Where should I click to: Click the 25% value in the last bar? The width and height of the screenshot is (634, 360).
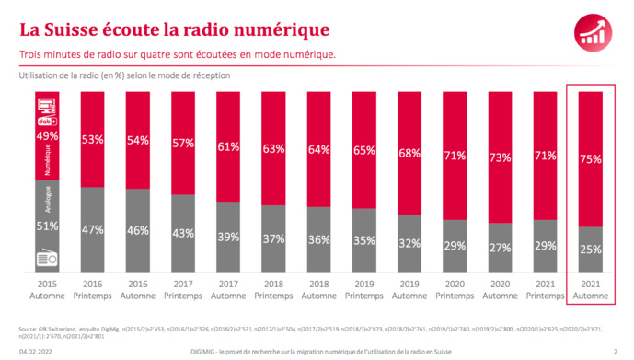click(x=590, y=248)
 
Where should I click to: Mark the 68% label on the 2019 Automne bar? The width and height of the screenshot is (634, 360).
click(x=409, y=151)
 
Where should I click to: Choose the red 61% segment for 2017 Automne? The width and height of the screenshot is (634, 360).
click(x=229, y=138)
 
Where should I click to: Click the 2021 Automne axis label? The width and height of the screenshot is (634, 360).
click(x=590, y=290)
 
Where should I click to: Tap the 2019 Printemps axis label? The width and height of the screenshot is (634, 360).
click(x=364, y=290)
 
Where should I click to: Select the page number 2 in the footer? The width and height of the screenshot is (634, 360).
click(x=614, y=351)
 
